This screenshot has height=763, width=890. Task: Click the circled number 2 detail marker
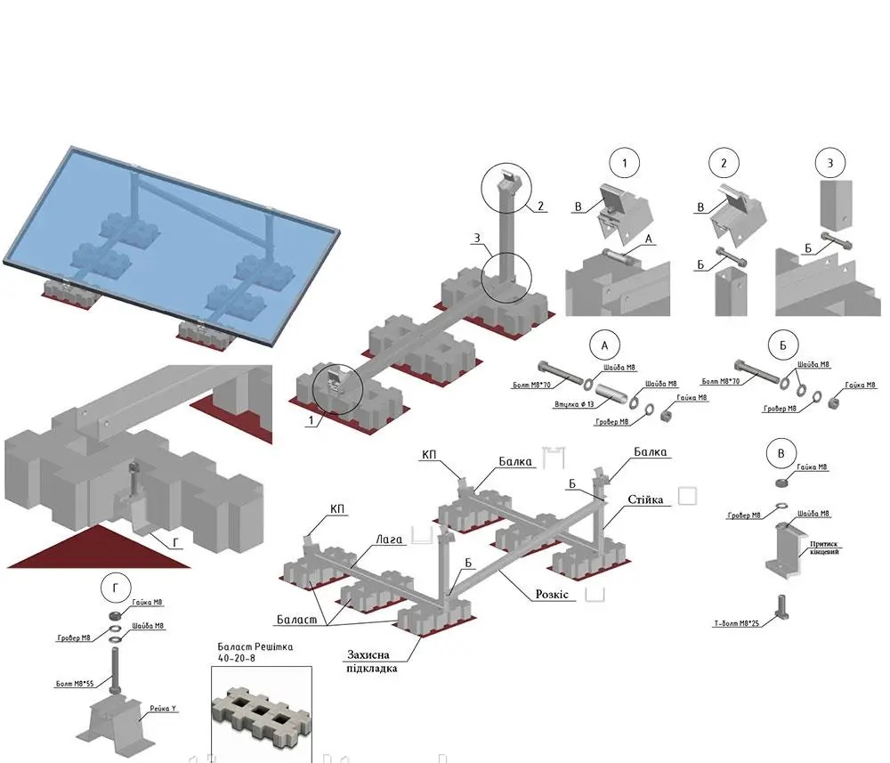click(x=724, y=164)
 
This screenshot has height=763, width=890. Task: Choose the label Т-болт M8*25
click(x=735, y=623)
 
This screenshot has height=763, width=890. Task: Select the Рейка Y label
click(x=162, y=709)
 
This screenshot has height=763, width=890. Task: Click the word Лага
click(x=389, y=539)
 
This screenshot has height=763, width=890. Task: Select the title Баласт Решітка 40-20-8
click(x=255, y=652)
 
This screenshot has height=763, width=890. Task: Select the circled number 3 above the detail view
click(x=829, y=164)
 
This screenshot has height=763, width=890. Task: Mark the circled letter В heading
click(x=781, y=452)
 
